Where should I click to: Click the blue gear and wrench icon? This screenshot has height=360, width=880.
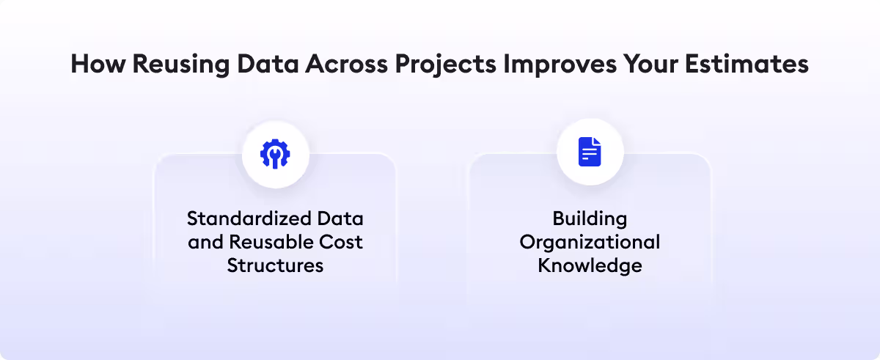275,153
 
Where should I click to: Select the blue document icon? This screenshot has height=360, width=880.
590,153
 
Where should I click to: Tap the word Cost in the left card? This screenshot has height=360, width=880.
343,242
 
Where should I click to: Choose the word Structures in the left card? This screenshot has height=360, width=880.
275,265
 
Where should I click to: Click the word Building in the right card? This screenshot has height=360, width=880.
590,218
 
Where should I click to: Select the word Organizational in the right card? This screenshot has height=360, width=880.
590,242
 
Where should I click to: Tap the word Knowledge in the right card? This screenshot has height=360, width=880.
590,265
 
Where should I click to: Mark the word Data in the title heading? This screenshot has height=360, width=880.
265,65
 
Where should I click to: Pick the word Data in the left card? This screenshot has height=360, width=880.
342,218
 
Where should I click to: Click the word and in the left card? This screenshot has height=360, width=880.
205,242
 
